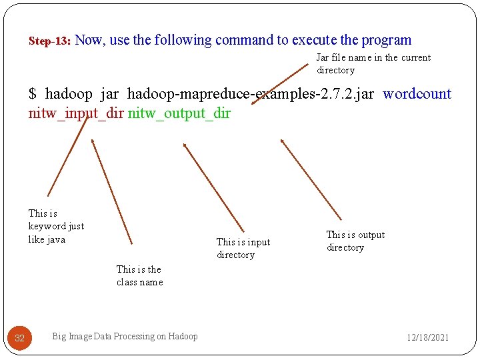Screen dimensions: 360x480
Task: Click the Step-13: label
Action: pos(50,41)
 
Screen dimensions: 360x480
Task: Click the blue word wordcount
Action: pos(417,94)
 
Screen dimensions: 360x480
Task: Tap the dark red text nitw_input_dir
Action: pos(76,113)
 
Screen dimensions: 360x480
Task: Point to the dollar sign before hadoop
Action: pos(33,94)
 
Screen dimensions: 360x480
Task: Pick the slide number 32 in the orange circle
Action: pos(19,338)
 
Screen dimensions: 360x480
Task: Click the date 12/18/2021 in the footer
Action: pos(428,337)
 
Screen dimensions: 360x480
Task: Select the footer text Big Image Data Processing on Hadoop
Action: pos(125,337)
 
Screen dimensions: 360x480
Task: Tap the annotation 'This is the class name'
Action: pos(139,275)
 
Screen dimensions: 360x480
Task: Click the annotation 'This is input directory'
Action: pos(243,248)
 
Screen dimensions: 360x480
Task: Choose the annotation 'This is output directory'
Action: pos(355,241)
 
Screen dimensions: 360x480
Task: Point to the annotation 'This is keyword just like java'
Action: pos(56,226)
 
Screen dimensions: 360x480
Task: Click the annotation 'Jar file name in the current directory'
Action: pos(373,64)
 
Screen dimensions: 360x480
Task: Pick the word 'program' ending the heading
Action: pos(386,41)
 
